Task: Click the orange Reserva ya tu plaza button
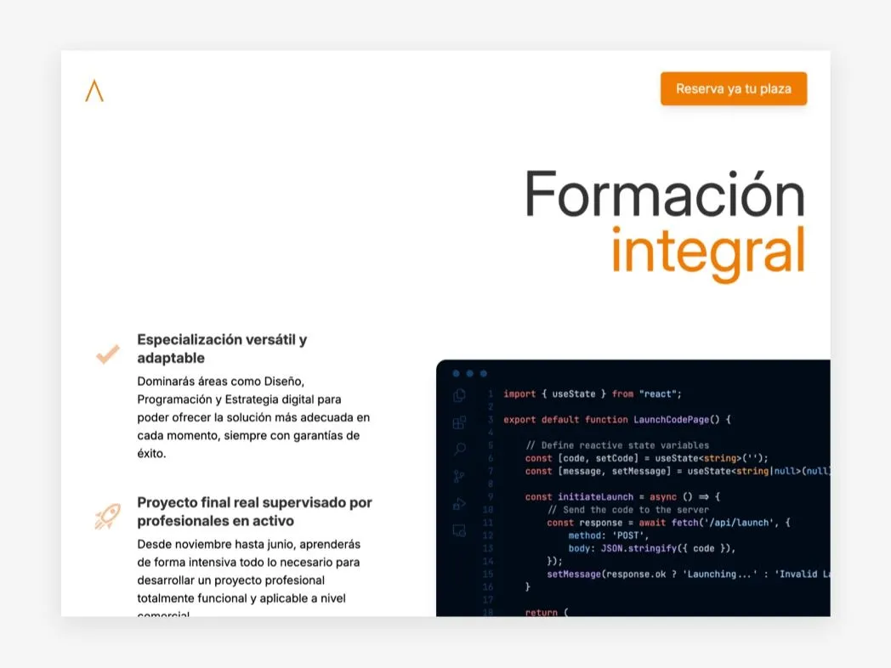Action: point(733,88)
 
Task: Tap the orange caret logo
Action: point(94,91)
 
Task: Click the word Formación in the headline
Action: point(664,194)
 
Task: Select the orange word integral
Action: point(707,251)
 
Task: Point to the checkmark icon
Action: point(107,354)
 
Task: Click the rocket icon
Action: point(107,516)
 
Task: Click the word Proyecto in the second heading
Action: point(168,502)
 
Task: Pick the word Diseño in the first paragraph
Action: point(283,381)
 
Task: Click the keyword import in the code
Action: point(519,393)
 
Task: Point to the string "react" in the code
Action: point(661,393)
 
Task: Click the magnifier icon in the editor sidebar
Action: point(459,449)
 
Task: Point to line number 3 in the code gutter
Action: point(491,419)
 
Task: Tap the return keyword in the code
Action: point(542,612)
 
